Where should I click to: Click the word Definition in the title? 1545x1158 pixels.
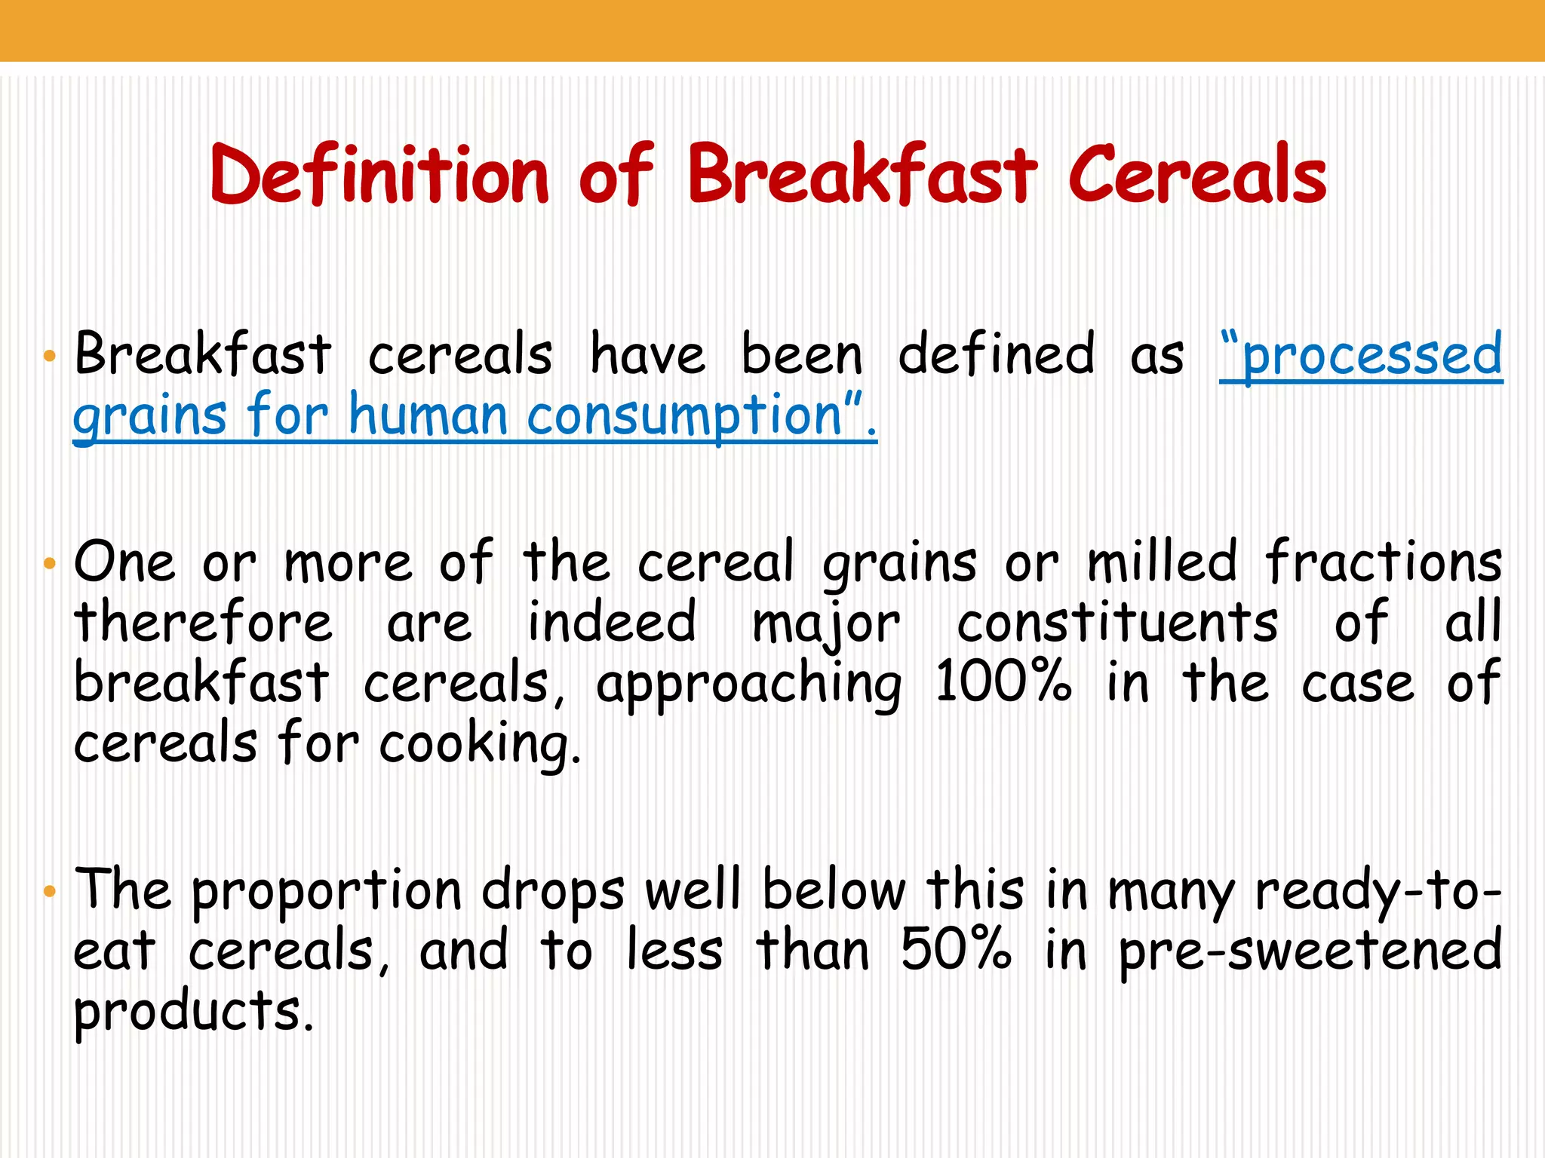[379, 175]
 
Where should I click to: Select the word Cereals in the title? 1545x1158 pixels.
[1197, 175]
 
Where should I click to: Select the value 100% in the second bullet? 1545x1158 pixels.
[1003, 682]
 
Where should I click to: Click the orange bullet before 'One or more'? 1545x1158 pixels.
[50, 563]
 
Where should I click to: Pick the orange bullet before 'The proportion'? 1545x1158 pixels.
[50, 891]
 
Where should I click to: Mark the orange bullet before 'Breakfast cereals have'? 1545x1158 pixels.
[50, 356]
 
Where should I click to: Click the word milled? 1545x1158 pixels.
[1162, 562]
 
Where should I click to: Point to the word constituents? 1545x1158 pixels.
[1117, 623]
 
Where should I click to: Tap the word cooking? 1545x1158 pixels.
[480, 745]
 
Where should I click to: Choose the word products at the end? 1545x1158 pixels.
[193, 1012]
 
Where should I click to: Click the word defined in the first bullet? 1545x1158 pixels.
[996, 354]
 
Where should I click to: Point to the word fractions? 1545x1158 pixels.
[1384, 562]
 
